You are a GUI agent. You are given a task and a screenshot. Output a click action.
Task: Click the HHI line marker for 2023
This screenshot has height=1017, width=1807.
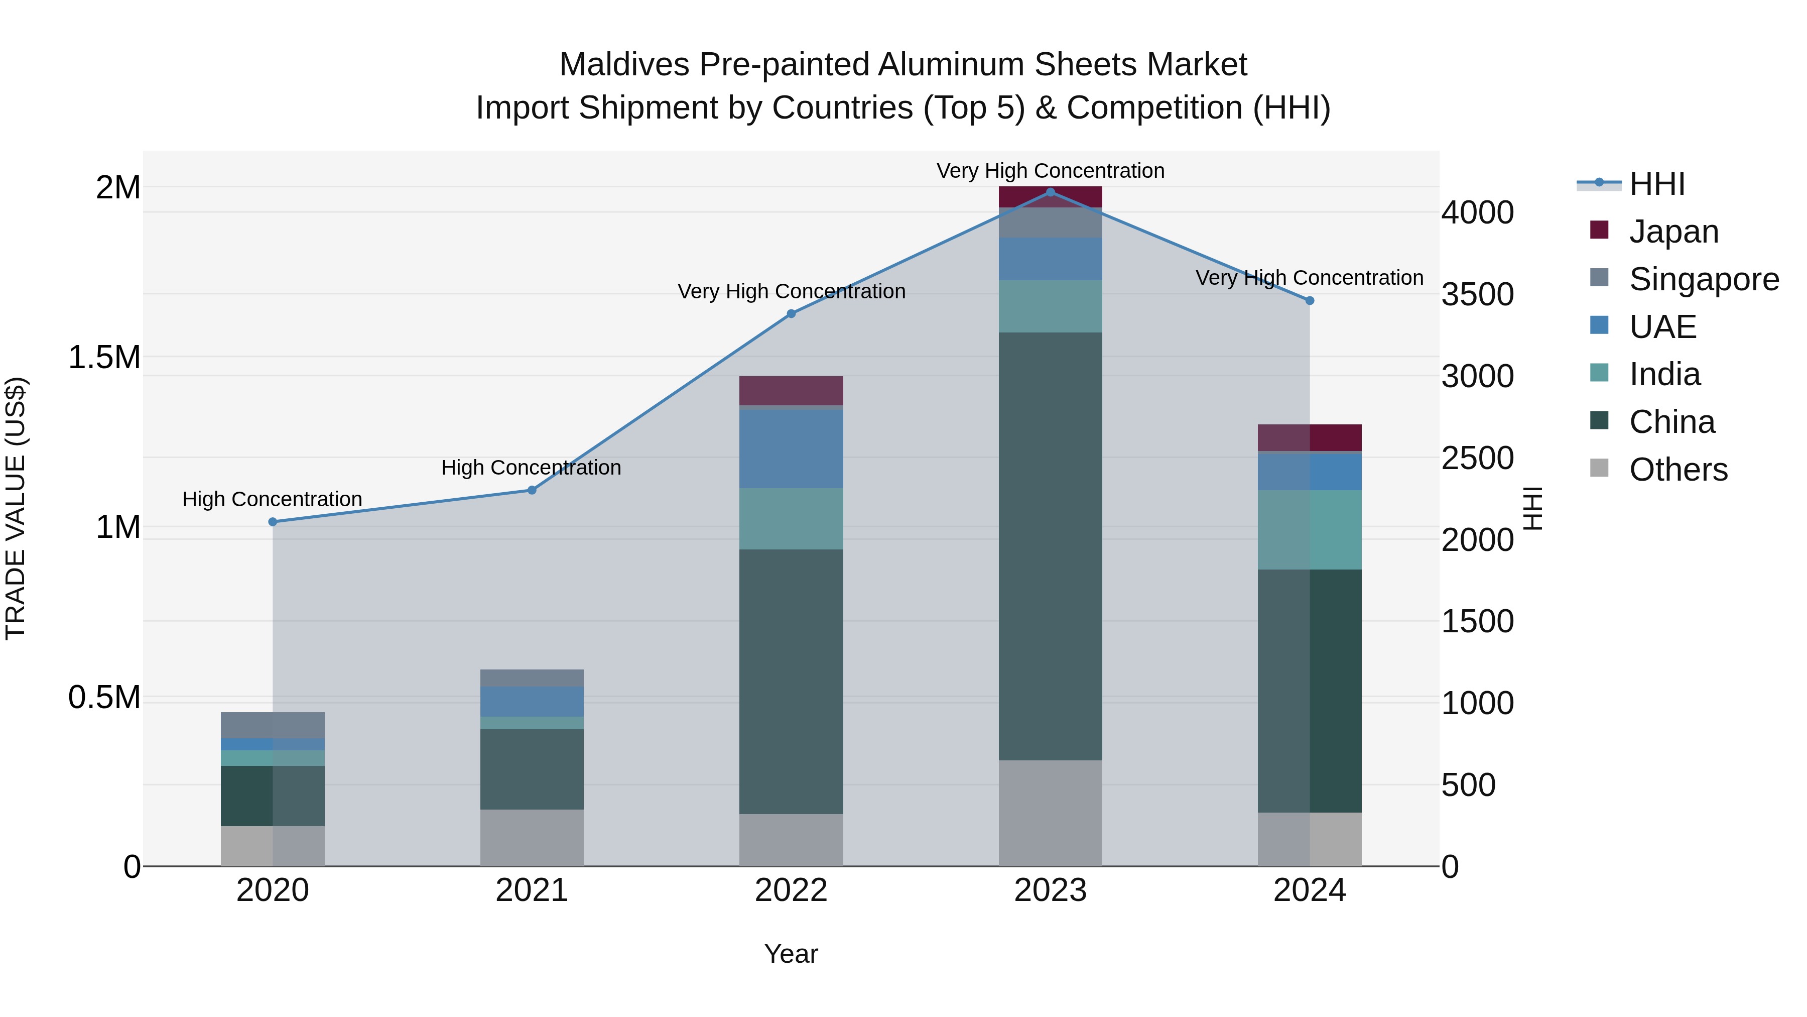point(1050,192)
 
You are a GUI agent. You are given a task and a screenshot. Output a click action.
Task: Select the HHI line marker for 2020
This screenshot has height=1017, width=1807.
point(273,522)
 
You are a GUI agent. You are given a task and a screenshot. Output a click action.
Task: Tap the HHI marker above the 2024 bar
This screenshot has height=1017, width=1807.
point(1310,300)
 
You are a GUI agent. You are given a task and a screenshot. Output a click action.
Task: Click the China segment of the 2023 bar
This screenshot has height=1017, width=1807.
point(1050,546)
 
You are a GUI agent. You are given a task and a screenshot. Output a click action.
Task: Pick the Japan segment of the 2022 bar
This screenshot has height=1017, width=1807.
point(791,390)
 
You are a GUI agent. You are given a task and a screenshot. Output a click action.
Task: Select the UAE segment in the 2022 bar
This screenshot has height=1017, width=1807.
point(791,448)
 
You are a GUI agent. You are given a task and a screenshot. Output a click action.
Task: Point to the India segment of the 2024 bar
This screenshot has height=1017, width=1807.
point(1310,530)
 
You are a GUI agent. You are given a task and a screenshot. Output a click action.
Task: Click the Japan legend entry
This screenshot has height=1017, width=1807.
point(1673,232)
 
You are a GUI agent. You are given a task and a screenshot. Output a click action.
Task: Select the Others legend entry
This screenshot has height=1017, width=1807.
point(1678,470)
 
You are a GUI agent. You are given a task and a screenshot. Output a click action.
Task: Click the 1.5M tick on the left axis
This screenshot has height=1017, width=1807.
point(104,357)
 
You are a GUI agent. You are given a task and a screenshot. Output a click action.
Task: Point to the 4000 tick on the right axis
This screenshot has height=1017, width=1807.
point(1477,212)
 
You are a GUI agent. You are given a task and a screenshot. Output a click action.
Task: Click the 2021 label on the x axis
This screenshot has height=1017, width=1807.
point(532,890)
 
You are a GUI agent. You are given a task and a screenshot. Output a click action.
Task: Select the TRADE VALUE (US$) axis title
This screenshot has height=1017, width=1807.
point(16,508)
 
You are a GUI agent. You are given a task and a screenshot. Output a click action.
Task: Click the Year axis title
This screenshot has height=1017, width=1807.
point(791,954)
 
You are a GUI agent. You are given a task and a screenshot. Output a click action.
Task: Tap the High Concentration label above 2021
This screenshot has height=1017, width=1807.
point(531,468)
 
